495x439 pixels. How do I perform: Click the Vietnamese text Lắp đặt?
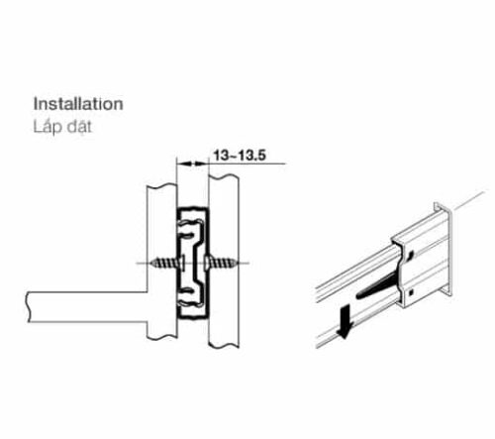click(x=62, y=127)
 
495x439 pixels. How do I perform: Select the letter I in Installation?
click(x=37, y=102)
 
